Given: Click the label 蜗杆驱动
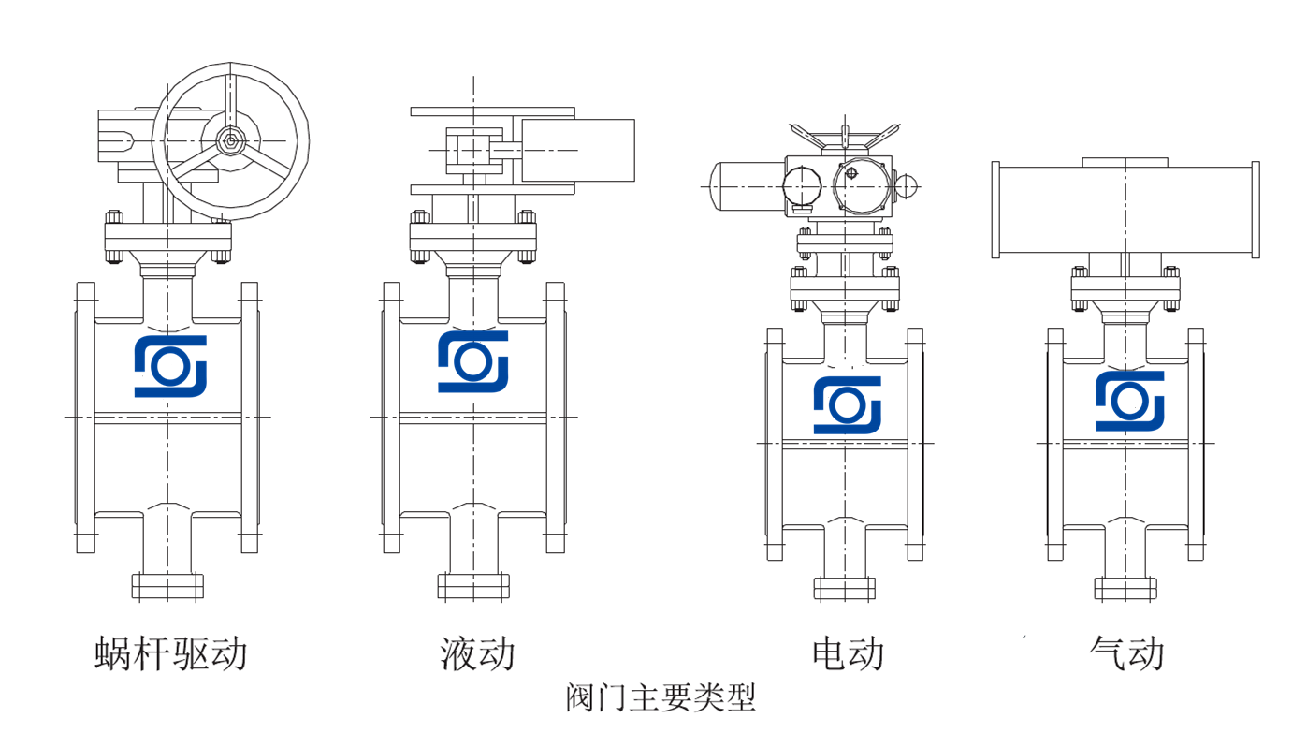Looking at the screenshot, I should [x=171, y=653].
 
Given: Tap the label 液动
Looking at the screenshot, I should [x=478, y=653].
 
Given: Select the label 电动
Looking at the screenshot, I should [x=848, y=653].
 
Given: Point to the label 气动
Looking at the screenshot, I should [x=1127, y=653].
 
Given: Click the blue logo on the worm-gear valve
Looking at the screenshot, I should [x=170, y=366].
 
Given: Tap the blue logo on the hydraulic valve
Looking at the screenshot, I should [x=473, y=361].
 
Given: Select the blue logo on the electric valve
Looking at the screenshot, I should [x=848, y=405].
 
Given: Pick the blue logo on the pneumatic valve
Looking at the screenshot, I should [x=1130, y=402].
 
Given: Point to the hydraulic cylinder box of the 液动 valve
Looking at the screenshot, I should [x=577, y=150].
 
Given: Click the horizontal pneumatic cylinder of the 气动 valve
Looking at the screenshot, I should [x=1125, y=210].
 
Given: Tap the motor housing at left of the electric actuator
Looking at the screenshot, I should [x=747, y=185].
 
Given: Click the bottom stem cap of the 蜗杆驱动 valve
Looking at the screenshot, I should [x=167, y=587].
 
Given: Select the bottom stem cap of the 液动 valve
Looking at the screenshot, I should [x=473, y=587].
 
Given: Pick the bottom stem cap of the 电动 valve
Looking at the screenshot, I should [x=845, y=588].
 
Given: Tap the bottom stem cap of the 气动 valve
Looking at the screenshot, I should [x=1125, y=588].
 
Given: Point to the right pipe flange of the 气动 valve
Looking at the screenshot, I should [x=1196, y=444].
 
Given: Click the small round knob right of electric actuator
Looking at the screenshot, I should [x=907, y=185].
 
